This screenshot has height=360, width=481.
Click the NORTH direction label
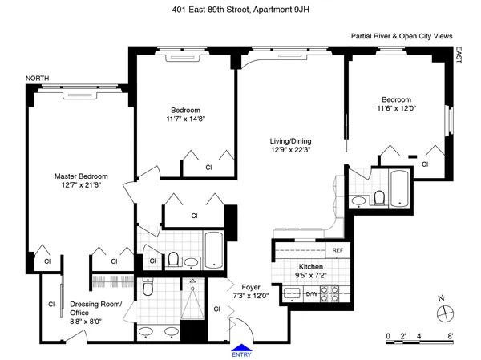(x=37, y=78)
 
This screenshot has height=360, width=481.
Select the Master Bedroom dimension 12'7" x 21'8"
(x=81, y=188)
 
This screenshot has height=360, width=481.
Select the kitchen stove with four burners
(x=327, y=293)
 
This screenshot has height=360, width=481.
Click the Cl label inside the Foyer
(x=216, y=309)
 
